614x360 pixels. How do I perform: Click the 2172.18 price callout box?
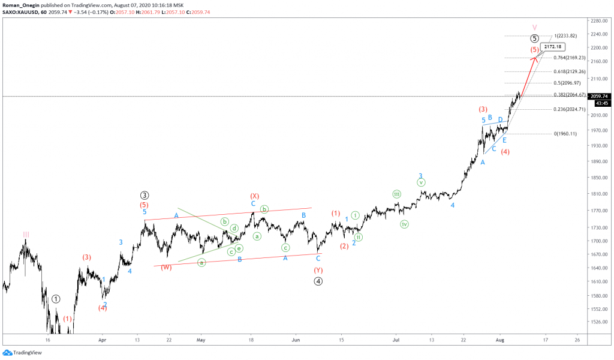click(553, 46)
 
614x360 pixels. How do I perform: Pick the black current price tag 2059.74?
click(600, 96)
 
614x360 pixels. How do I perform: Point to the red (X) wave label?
click(254, 196)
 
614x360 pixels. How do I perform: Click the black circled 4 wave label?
click(318, 281)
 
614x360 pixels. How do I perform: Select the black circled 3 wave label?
click(145, 195)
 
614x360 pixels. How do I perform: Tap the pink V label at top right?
click(535, 27)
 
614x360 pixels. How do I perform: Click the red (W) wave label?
click(167, 268)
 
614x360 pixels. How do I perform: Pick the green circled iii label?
click(397, 194)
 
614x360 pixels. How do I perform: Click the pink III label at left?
click(26, 234)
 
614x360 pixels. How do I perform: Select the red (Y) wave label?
click(318, 270)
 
